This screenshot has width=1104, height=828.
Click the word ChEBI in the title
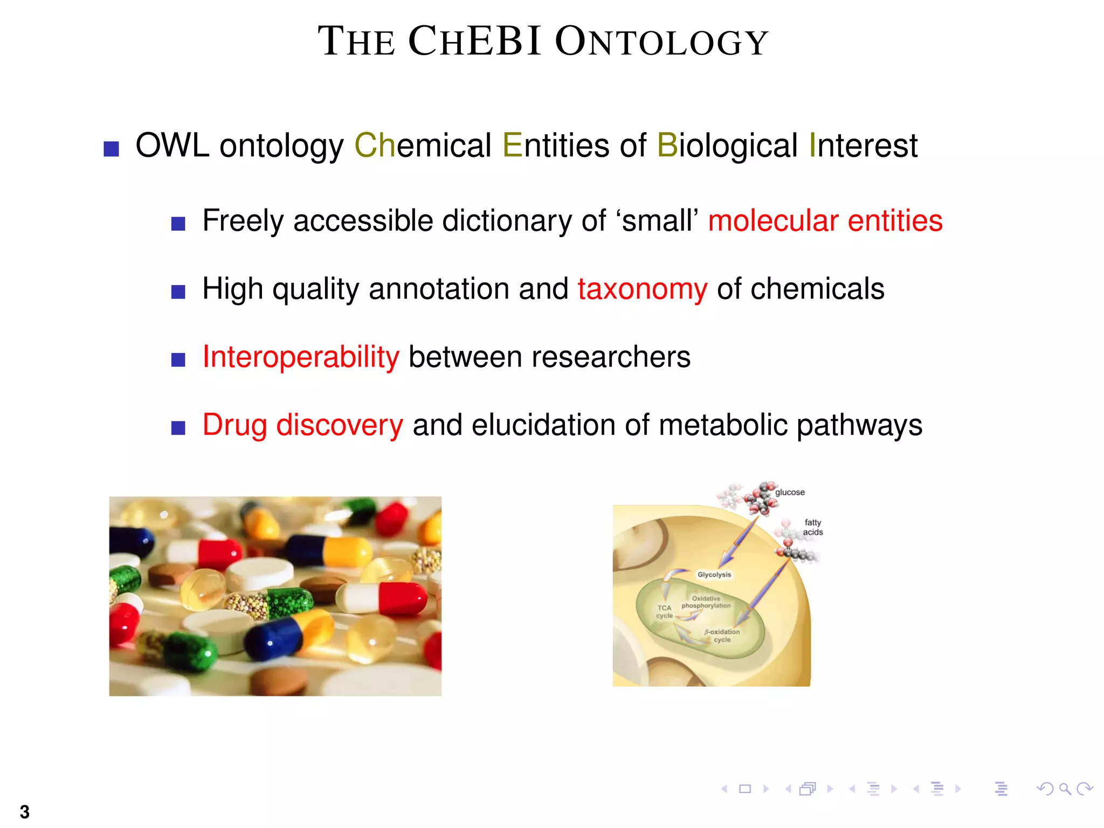[x=474, y=41]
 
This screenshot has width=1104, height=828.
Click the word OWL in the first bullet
[x=172, y=146]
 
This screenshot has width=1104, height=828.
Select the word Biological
[x=727, y=146]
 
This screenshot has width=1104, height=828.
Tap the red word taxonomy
[x=642, y=289]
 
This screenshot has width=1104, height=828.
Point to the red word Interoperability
[x=301, y=357]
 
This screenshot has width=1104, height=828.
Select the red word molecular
[x=773, y=221]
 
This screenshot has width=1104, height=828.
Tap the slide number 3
[x=25, y=812]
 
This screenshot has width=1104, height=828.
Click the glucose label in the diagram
[x=790, y=492]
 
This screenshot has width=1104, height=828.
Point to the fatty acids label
[x=813, y=527]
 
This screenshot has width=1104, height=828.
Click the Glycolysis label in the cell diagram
[x=714, y=575]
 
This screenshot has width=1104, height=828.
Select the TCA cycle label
[x=664, y=612]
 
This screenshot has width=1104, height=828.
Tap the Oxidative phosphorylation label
[x=706, y=602]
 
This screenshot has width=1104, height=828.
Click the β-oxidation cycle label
[x=722, y=636]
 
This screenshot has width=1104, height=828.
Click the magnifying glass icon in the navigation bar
[x=1065, y=789]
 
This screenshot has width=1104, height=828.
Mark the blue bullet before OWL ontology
[x=111, y=149]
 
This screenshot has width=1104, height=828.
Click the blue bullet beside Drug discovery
[x=178, y=428]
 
